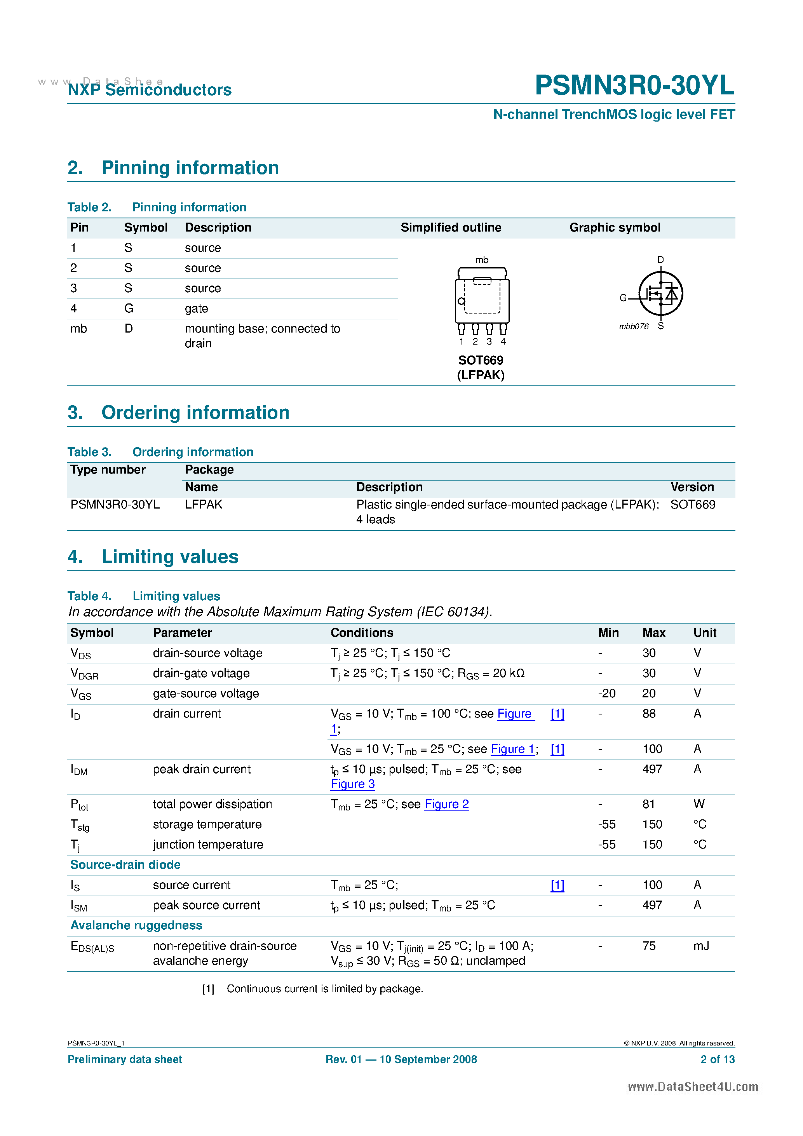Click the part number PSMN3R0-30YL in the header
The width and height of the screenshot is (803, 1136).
pos(634,85)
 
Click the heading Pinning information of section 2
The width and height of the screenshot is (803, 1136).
pos(190,168)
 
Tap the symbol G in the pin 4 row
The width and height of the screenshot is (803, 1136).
pos(129,308)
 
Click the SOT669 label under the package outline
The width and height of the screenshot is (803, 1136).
pos(481,360)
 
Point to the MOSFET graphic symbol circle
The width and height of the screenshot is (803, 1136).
pos(660,293)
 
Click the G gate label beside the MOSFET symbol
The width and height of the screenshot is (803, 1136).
pos(623,298)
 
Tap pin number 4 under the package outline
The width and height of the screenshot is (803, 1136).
pos(503,341)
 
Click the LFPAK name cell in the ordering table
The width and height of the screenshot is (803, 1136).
pos(203,504)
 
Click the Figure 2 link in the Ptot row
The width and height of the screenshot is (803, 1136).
pos(446,804)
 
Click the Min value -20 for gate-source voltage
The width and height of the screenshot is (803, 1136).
pos(606,693)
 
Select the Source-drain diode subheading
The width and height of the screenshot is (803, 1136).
pos(125,864)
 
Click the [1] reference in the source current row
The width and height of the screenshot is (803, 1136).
pos(557,885)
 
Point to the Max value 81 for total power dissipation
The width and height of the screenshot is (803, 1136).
pos(648,804)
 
